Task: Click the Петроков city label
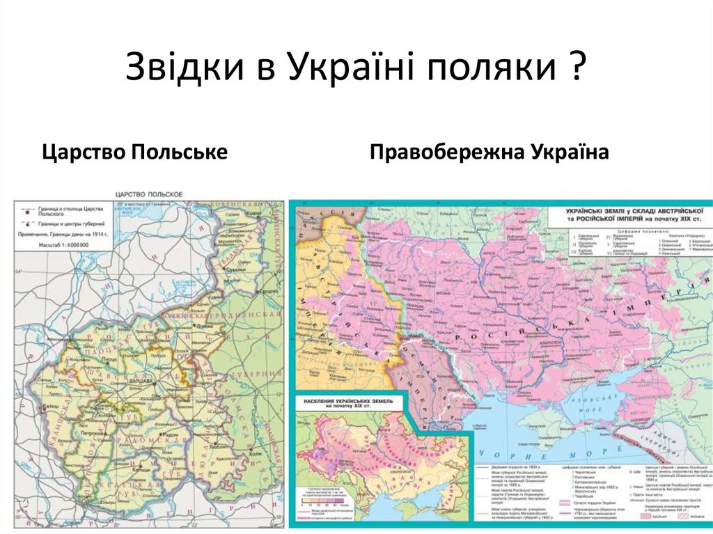pos(92,434)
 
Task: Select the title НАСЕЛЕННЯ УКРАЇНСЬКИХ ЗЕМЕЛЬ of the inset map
pos(345,403)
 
